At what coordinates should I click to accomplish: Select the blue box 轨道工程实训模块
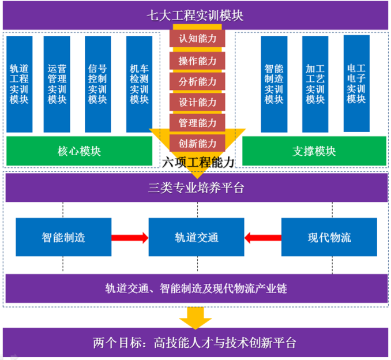(x=19, y=84)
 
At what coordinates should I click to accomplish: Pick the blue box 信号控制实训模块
(x=97, y=84)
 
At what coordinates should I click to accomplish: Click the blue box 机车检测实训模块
(x=139, y=84)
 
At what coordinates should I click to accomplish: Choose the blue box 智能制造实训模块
(x=274, y=84)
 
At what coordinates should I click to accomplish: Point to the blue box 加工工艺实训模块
(x=315, y=84)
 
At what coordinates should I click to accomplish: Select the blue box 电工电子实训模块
(x=356, y=83)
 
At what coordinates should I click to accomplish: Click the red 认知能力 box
(x=197, y=39)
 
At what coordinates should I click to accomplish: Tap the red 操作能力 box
(x=197, y=60)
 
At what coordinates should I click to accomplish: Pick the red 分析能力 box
(x=197, y=81)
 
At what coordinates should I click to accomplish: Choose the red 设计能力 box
(x=197, y=102)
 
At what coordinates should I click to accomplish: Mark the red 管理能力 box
(x=197, y=123)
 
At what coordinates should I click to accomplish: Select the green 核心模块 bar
(x=79, y=151)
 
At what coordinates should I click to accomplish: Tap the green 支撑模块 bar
(x=314, y=151)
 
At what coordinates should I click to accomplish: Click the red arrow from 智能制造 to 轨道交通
(x=129, y=237)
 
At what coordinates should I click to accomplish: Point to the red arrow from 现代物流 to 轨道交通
(x=262, y=237)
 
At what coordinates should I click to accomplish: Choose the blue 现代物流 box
(x=329, y=237)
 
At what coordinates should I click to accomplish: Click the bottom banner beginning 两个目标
(x=195, y=343)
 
